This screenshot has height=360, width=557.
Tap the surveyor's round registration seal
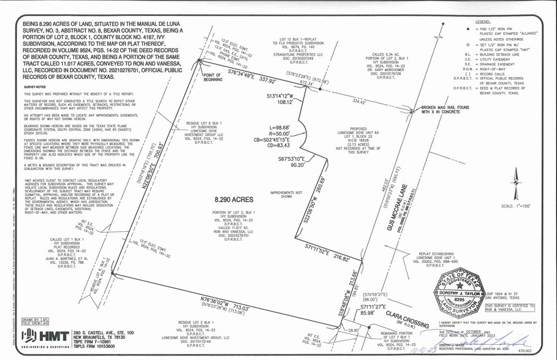pyautogui.click(x=458, y=296)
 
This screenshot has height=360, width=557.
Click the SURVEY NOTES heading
pyautogui.click(x=35, y=88)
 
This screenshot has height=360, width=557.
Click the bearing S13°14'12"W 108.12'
pyautogui.click(x=281, y=99)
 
